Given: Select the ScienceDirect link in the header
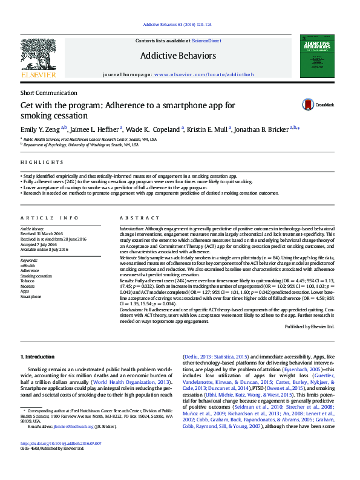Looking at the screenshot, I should [x=206, y=40].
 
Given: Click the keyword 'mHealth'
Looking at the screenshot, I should [x=28, y=265].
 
